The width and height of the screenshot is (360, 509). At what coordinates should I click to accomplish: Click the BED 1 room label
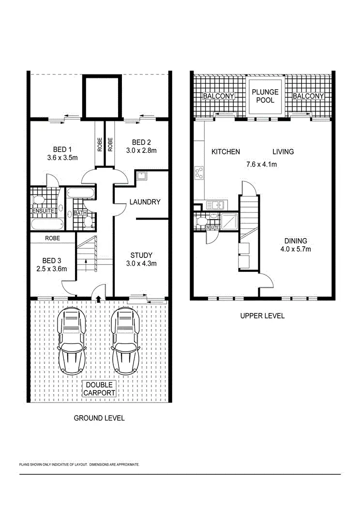[62, 149]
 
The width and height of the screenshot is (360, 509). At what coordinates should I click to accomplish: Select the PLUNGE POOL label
[265, 96]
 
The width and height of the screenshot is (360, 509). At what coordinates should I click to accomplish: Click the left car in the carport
[72, 342]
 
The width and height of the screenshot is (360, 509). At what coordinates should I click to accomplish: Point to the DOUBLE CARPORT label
[101, 389]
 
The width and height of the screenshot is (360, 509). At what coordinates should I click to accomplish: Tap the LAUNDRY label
[144, 202]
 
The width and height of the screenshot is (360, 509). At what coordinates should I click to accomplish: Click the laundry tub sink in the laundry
[142, 176]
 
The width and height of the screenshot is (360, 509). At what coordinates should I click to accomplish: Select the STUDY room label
[141, 255]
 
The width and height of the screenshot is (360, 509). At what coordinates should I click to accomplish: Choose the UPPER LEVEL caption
[262, 316]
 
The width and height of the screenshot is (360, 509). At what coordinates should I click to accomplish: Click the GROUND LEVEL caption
[99, 418]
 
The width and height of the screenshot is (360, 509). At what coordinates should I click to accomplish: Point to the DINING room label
[295, 241]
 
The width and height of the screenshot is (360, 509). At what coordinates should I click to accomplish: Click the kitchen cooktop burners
[199, 173]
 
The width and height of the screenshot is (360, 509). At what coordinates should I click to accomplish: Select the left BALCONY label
[218, 96]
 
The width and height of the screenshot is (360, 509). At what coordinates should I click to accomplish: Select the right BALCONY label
[308, 96]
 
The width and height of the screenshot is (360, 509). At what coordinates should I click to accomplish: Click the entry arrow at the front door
[99, 299]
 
